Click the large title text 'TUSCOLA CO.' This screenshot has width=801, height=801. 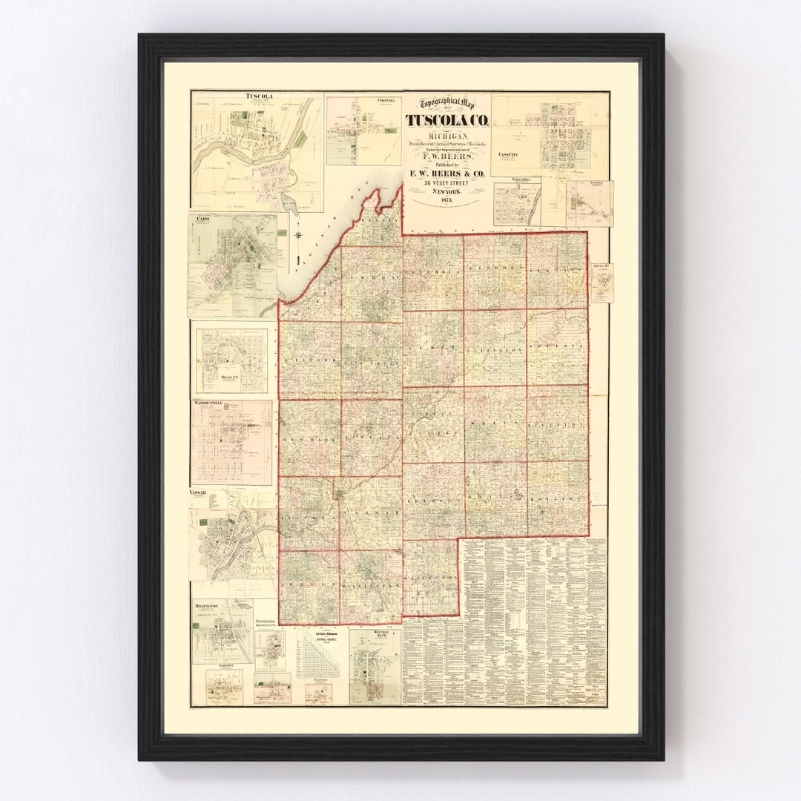(x=446, y=120)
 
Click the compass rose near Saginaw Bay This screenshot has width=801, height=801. (x=298, y=236)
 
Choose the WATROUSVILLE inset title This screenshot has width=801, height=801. (x=217, y=404)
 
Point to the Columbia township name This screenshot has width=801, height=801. (x=434, y=271)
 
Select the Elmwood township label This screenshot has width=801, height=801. (x=495, y=267)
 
